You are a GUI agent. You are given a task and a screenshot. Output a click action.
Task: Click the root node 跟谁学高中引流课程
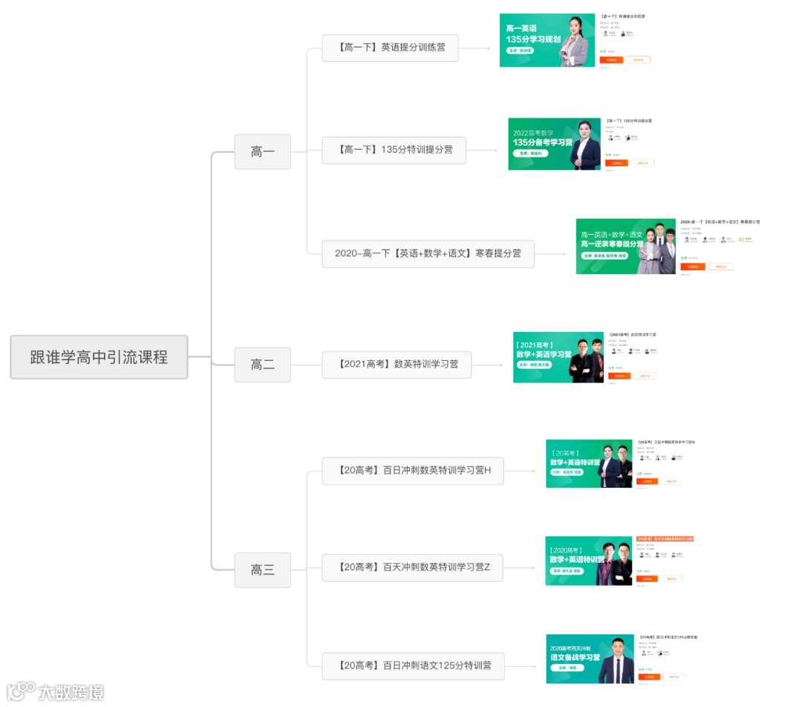(x=99, y=357)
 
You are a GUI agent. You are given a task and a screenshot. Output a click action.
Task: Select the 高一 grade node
(x=262, y=151)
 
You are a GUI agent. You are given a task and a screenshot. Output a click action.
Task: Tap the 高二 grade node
(x=262, y=365)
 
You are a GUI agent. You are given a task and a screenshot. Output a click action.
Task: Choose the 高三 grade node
(x=262, y=570)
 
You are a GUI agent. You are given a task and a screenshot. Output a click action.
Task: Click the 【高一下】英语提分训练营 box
(x=390, y=48)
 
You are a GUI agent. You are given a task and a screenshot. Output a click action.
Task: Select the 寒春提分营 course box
(x=428, y=253)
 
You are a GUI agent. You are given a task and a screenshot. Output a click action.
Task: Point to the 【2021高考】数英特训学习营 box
(x=397, y=365)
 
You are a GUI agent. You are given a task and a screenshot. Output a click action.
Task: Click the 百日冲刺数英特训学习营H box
(x=412, y=470)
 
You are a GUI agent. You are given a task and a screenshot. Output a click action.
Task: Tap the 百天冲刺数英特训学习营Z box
(x=412, y=567)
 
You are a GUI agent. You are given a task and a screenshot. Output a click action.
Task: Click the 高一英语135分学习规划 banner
(x=547, y=40)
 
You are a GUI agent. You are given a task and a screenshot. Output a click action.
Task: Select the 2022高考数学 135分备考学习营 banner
(x=554, y=143)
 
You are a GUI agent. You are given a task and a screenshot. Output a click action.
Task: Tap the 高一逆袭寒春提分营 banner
(x=625, y=246)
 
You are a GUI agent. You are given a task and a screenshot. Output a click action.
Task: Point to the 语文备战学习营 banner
(x=590, y=659)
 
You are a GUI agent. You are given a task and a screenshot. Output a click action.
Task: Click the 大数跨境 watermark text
(x=71, y=692)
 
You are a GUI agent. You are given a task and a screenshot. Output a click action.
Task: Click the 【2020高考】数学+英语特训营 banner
(x=589, y=561)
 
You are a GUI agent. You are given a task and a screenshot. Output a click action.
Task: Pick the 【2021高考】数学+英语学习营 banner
(x=558, y=357)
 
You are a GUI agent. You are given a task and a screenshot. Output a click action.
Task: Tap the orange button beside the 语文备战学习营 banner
(x=649, y=677)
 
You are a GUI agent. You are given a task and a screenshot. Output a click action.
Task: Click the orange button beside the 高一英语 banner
(x=611, y=59)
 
